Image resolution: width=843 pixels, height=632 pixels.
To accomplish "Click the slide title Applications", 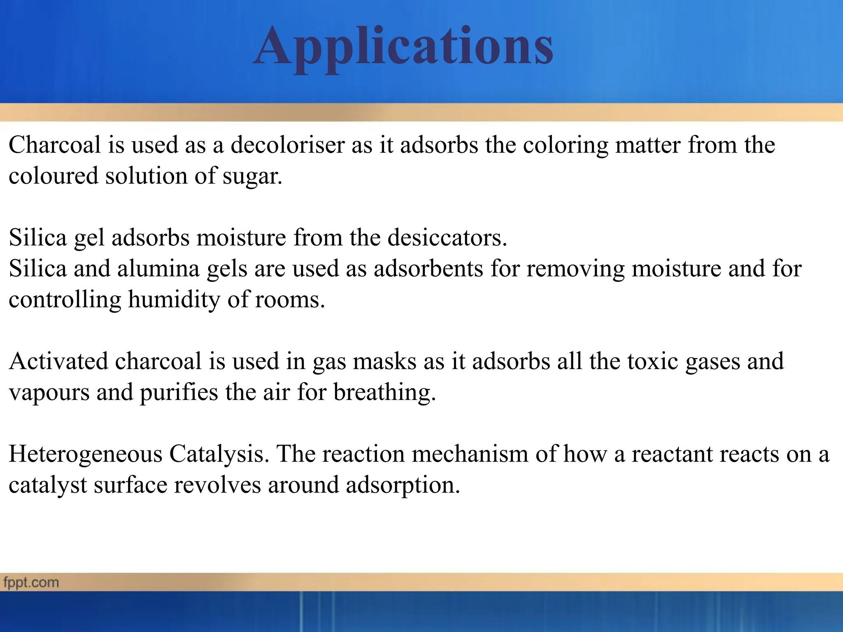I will (403, 46).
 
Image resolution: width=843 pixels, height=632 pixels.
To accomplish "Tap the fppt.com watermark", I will (31, 583).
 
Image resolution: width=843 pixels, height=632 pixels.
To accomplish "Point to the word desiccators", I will (447, 238).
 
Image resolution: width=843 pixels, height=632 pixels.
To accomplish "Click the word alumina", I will (158, 269).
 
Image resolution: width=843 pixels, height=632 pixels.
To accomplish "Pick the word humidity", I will (174, 300).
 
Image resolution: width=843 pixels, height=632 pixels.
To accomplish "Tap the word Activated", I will (58, 361).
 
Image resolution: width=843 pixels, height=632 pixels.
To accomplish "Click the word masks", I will (385, 361).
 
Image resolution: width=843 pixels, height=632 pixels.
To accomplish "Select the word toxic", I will (653, 361).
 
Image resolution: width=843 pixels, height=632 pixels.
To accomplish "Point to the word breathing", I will (384, 393).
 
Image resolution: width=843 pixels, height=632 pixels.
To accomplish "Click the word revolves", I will (217, 485).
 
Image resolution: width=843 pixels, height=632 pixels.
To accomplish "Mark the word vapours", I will (49, 393).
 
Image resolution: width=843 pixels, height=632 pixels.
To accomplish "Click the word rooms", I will (290, 300).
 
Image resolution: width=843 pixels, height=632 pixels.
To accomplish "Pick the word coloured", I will (53, 176).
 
